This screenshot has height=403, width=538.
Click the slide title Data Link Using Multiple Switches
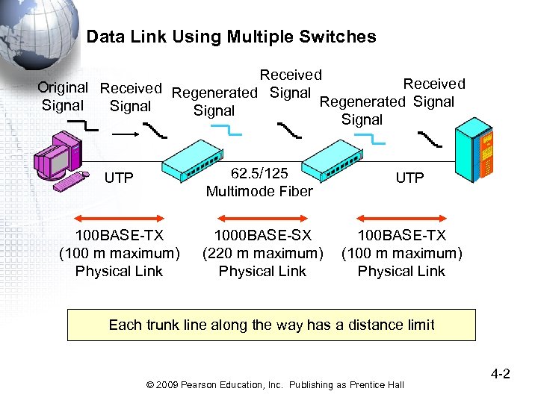(x=231, y=37)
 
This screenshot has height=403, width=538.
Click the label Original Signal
(x=63, y=96)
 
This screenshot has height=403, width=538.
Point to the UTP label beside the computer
(x=119, y=178)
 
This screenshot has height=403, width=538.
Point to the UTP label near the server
(x=409, y=178)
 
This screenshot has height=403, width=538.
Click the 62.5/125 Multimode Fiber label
(x=259, y=183)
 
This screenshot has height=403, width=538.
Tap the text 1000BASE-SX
(x=262, y=236)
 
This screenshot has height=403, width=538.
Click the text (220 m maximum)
(x=262, y=254)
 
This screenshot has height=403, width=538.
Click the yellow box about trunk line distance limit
(x=271, y=325)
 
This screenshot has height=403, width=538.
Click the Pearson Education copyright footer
(x=275, y=384)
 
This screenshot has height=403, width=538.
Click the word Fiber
(x=294, y=192)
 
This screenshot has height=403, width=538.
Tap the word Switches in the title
(x=343, y=37)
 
